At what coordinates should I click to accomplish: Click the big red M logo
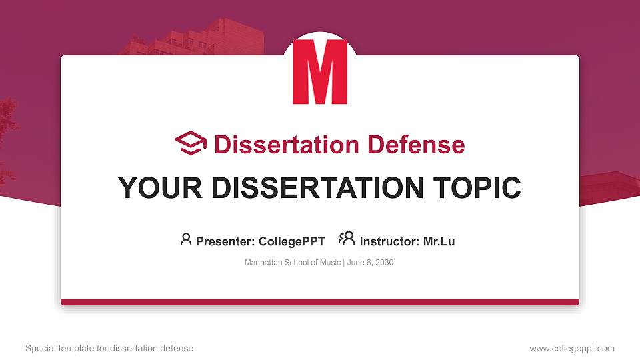[320, 72]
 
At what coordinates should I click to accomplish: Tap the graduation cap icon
[191, 143]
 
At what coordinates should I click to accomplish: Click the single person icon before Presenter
[186, 239]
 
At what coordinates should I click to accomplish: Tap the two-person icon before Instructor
[347, 239]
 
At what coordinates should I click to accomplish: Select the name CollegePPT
[293, 241]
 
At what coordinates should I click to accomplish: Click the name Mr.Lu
[439, 241]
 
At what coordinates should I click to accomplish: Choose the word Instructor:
[389, 241]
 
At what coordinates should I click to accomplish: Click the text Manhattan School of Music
[293, 263]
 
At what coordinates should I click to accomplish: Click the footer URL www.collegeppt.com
[571, 348]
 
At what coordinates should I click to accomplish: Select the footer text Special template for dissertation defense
[109, 348]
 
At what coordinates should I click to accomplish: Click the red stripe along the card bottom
[320, 302]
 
